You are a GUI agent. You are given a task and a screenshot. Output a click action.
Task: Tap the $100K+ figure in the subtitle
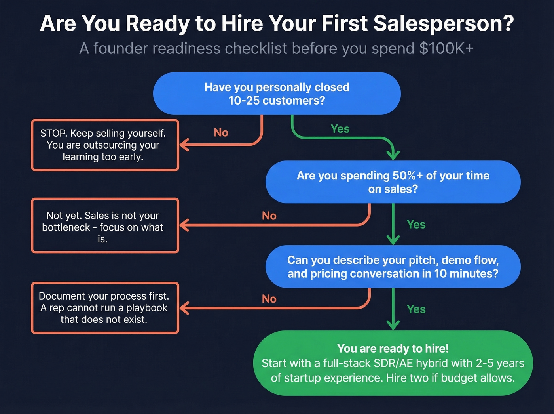[446, 49]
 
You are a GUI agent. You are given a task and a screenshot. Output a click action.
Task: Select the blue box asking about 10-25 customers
[277, 93]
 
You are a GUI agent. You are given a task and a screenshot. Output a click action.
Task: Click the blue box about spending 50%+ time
[393, 182]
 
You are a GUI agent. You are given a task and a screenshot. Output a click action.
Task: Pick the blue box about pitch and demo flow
[393, 267]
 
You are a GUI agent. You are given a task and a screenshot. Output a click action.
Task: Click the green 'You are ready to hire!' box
[393, 363]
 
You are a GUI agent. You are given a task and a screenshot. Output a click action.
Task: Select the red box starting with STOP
[105, 145]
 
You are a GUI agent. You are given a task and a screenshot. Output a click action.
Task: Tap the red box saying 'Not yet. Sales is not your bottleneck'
[105, 226]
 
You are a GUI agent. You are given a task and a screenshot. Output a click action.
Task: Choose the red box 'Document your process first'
[105, 308]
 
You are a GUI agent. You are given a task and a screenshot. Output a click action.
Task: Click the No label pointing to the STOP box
[221, 133]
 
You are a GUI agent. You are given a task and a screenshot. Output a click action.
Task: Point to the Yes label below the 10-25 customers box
[340, 129]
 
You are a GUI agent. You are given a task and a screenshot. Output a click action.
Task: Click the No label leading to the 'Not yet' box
[269, 216]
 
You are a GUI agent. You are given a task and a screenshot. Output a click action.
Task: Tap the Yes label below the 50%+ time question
[416, 225]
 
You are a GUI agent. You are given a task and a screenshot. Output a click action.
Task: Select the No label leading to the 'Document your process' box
[269, 299]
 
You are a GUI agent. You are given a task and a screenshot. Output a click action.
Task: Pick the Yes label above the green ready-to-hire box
[416, 309]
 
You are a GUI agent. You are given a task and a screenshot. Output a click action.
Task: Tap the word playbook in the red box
[147, 308]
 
